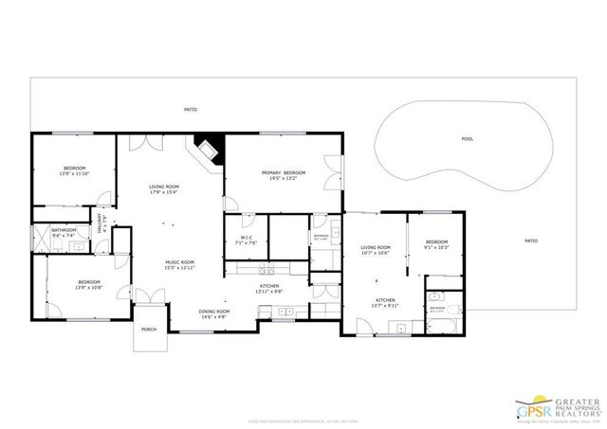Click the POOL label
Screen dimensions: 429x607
pos(467,138)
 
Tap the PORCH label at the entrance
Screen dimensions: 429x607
pos(149,330)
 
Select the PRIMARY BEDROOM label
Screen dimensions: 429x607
pos(284,173)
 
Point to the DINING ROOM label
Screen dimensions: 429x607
pos(214,312)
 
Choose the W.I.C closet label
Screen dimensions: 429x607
pos(246,238)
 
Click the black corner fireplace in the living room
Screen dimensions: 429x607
pos(207,151)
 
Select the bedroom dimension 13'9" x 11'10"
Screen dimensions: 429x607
pos(73,174)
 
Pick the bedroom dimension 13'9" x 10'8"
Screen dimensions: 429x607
pos(88,287)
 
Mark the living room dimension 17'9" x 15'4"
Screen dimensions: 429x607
pos(164,192)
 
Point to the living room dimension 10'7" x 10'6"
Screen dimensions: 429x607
pos(376,253)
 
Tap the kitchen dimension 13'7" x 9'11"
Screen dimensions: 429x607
pos(384,306)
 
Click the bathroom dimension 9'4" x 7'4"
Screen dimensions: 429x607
pos(64,235)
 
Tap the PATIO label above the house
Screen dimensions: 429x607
pos(191,110)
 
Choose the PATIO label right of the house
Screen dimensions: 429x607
pos(531,241)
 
